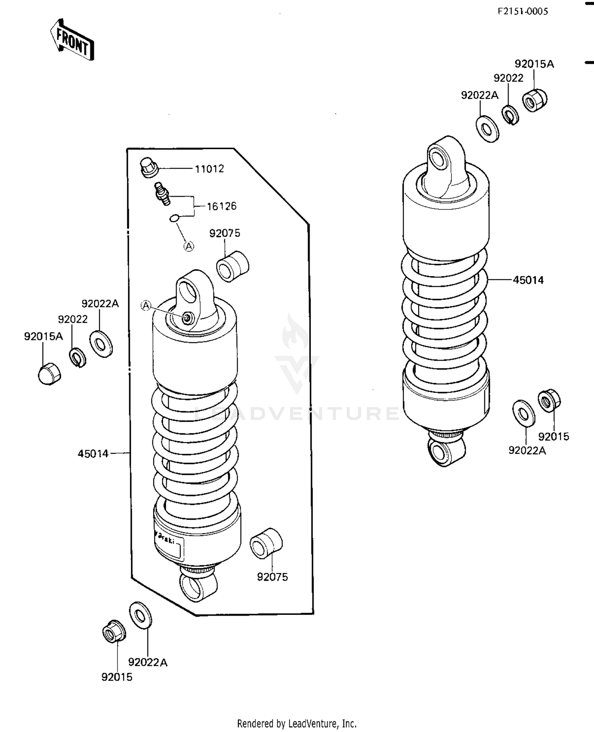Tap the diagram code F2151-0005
523,11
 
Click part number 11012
209,169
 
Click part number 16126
221,206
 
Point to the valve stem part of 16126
162,193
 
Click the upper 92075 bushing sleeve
232,266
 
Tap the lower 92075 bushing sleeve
266,543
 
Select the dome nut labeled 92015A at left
49,373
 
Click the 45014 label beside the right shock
528,280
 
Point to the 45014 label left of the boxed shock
93,454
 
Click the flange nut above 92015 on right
549,401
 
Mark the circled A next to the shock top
146,305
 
